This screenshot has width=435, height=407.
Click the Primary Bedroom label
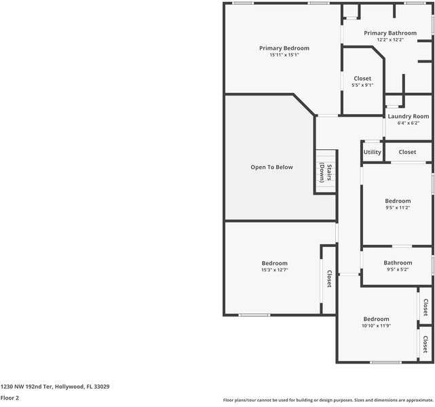tap(284, 48)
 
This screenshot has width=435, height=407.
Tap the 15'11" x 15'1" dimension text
tap(284, 55)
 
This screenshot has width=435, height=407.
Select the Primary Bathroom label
tap(390, 33)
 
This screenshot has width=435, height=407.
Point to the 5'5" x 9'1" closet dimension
tap(362, 85)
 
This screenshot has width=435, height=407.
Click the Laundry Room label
tap(408, 117)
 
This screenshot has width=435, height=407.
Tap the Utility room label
tap(373, 152)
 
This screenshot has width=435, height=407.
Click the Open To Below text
tap(271, 167)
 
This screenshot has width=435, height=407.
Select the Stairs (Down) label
tap(326, 172)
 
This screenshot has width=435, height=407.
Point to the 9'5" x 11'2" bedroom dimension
tap(398, 208)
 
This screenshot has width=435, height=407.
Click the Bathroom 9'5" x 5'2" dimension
tap(398, 269)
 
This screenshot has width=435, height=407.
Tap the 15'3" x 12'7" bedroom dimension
tap(274, 270)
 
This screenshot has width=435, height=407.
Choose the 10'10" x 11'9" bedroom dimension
tap(376, 326)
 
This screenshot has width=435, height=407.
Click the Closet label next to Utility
tap(407, 152)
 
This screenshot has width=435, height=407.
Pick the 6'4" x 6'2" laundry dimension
tap(408, 123)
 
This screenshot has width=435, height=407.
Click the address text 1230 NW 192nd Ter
tap(26, 387)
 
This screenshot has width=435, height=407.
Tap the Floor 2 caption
tap(10, 398)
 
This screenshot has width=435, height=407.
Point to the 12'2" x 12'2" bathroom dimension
tap(390, 39)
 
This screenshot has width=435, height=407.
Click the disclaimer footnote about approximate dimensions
tap(328, 400)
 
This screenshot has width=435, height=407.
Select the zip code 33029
tap(102, 387)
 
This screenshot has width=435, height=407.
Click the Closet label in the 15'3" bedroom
tap(329, 279)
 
